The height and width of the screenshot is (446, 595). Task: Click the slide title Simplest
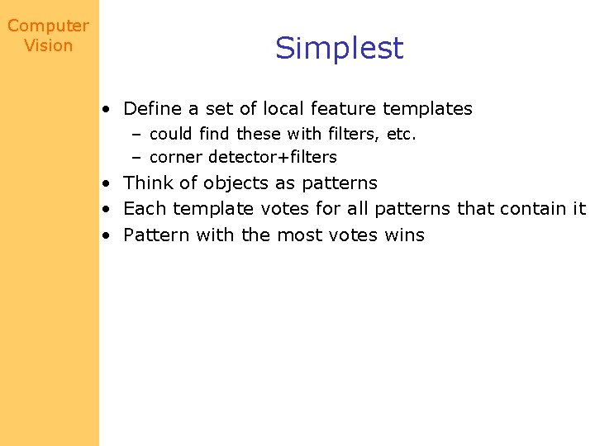[339, 49]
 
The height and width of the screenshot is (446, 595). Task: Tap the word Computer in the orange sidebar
[48, 26]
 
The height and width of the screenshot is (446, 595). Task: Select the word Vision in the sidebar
[48, 46]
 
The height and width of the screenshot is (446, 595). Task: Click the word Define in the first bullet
[150, 108]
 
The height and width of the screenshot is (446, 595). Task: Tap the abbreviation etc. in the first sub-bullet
[401, 134]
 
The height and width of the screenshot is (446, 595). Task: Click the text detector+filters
[273, 157]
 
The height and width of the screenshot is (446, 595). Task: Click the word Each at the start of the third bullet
[142, 209]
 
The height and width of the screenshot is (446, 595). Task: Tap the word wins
[405, 235]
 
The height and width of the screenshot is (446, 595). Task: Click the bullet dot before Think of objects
[107, 183]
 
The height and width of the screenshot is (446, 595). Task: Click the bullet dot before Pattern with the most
[107, 235]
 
